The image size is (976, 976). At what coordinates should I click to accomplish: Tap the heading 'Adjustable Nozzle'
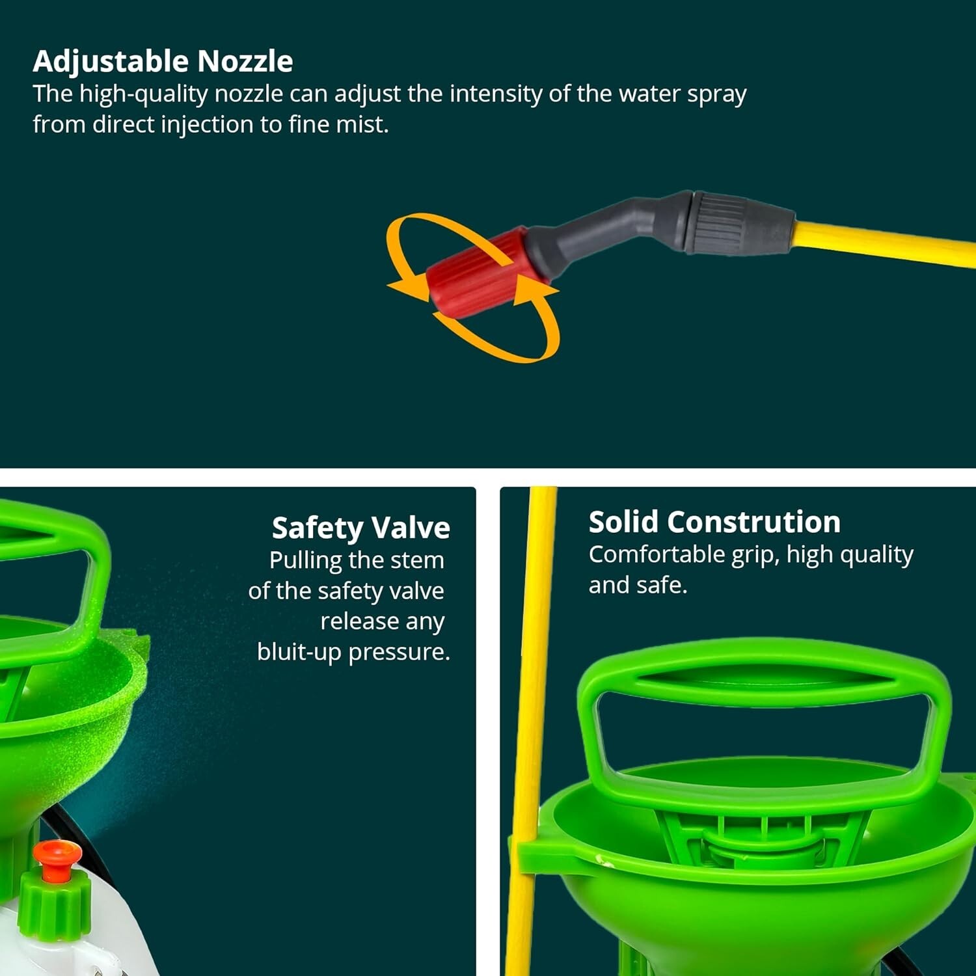tap(163, 61)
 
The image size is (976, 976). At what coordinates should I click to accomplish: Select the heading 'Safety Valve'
tap(360, 528)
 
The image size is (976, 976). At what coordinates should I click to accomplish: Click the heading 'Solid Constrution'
tap(714, 522)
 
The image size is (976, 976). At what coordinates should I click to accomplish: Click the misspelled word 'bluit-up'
tap(299, 652)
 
